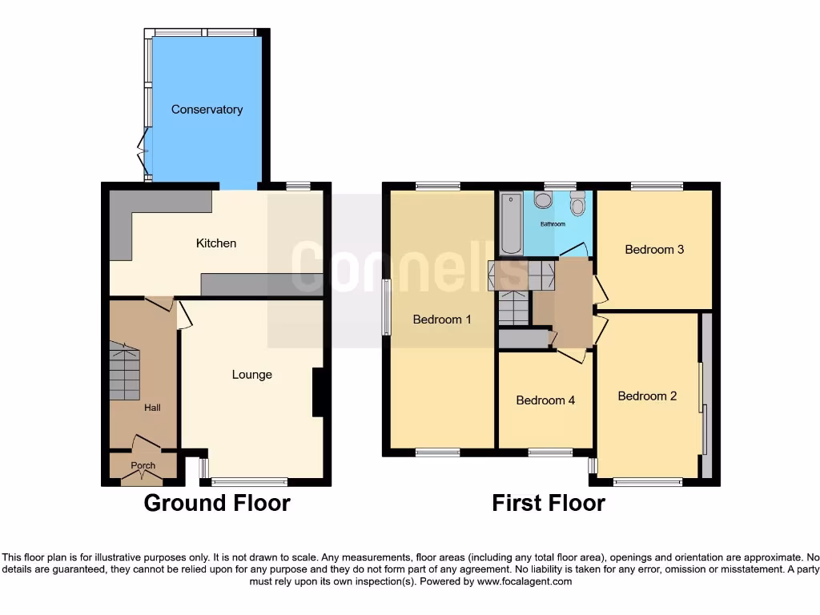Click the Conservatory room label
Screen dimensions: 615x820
click(x=207, y=110)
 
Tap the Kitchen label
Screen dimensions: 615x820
click(x=216, y=243)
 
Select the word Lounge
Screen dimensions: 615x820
click(x=252, y=375)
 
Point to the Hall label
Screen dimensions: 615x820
click(x=152, y=408)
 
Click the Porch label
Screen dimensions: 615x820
click(x=143, y=465)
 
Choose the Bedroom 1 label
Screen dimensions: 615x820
click(x=442, y=320)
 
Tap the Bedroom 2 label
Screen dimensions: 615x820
click(x=647, y=396)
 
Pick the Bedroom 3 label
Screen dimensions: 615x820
click(x=654, y=249)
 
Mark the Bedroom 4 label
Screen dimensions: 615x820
click(x=545, y=400)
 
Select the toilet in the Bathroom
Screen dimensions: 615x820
click(x=578, y=207)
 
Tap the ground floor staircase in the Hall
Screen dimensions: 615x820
click(x=124, y=371)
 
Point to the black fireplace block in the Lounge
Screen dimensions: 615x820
click(x=317, y=392)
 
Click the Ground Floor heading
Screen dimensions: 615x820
click(x=216, y=503)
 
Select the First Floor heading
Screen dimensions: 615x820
click(x=549, y=503)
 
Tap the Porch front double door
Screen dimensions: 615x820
click(x=142, y=477)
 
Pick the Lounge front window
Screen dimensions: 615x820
click(x=249, y=481)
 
